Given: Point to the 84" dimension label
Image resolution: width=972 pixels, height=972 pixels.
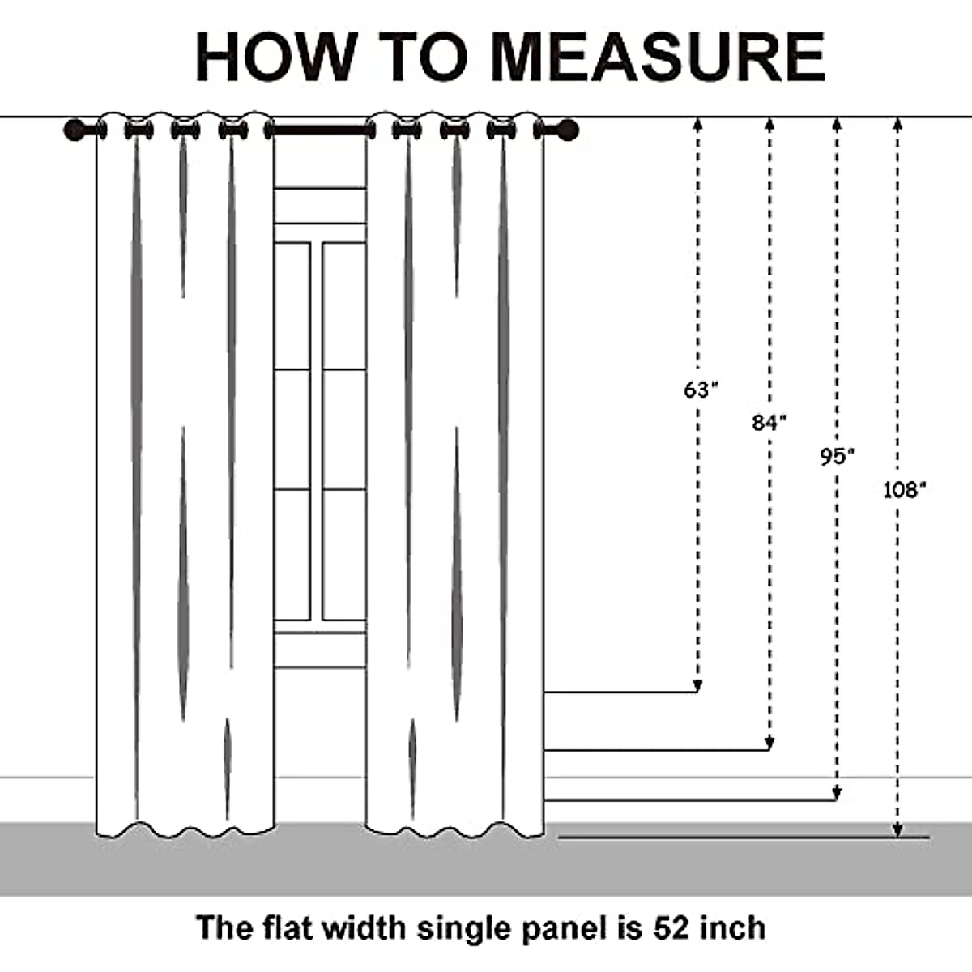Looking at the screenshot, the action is coord(769,422).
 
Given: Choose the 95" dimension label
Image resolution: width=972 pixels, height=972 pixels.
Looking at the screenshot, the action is coord(837,457).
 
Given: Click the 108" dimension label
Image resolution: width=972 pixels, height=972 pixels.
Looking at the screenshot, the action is coord(903,489).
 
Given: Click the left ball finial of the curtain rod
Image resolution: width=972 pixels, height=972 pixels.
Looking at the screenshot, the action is coord(75,130).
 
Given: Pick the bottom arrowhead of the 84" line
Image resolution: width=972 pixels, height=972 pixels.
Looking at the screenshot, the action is coord(769,744).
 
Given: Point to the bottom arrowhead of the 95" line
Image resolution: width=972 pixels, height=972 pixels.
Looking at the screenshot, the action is coord(838,795).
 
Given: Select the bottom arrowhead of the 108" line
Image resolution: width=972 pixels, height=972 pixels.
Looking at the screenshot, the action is coord(897,830).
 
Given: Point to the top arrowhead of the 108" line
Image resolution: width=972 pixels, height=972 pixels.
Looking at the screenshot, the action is coord(897,124).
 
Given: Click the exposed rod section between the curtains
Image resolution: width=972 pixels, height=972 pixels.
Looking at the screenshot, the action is coord(320,129).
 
